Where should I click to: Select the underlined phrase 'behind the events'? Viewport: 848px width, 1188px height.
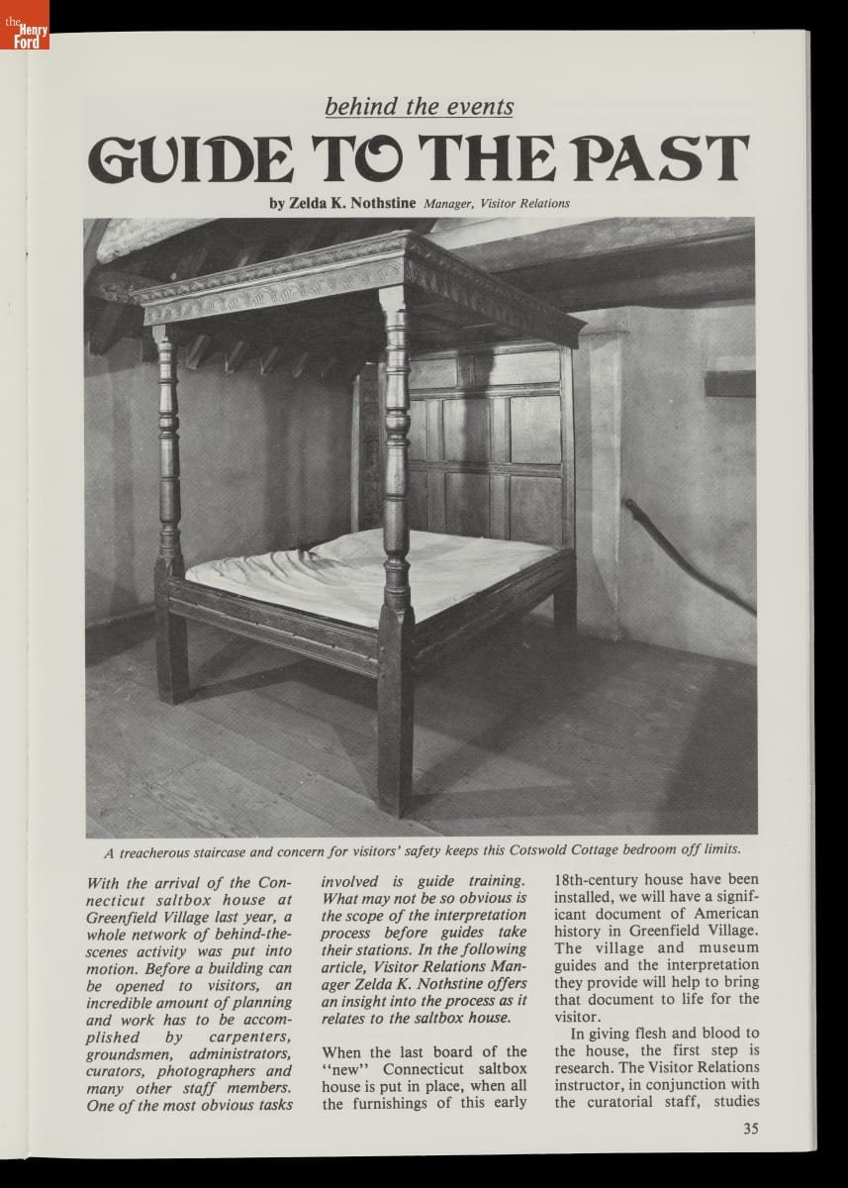pyautogui.click(x=420, y=106)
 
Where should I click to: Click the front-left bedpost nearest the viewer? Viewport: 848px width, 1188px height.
pyautogui.click(x=396, y=554)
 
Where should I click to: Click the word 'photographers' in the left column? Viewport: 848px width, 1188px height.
pyautogui.click(x=241, y=1070)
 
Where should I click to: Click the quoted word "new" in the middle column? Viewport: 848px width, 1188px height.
pyautogui.click(x=351, y=1070)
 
